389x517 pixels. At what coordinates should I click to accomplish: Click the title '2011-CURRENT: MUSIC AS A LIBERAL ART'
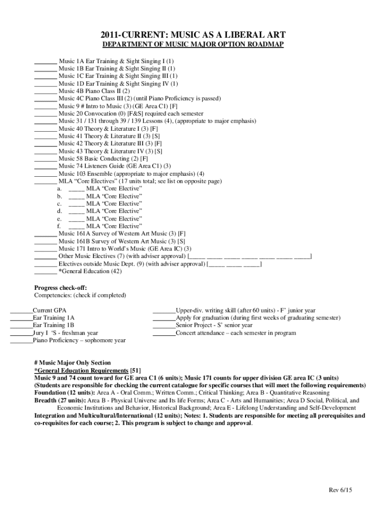tap(193, 35)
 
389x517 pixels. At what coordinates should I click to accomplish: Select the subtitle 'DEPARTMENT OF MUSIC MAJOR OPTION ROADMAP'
tap(193, 45)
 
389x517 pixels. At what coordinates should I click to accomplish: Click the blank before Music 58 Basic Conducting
tap(45, 159)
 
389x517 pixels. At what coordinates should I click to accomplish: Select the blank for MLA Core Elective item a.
tap(76, 189)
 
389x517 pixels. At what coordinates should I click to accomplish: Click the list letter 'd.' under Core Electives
tap(60, 211)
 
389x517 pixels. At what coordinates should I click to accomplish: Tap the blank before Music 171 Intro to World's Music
tap(45, 249)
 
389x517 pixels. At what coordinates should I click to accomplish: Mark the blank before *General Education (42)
tap(45, 272)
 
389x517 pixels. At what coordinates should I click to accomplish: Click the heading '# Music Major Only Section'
tap(72, 363)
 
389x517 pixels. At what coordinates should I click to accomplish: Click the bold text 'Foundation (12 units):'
tap(64, 393)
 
